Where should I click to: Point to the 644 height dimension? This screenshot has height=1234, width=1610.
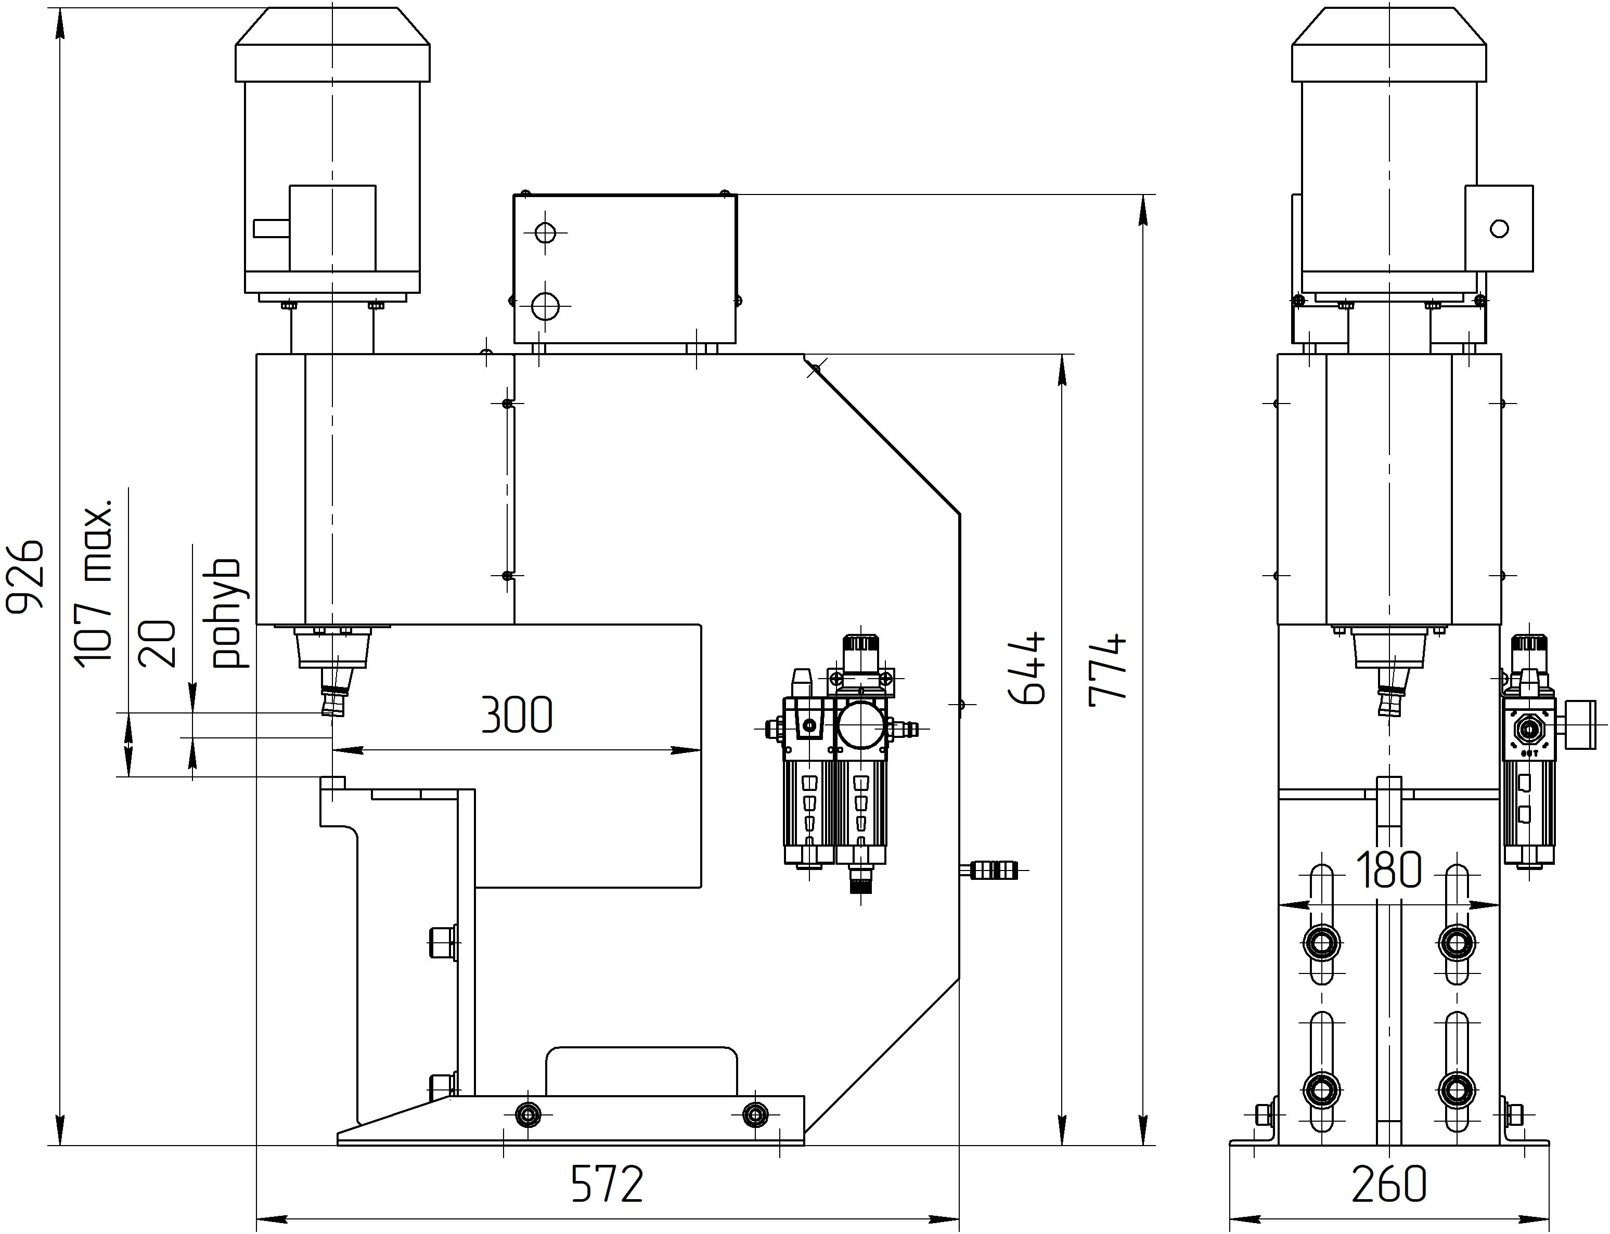pos(1026,668)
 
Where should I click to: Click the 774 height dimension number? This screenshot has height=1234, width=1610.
pos(1107,670)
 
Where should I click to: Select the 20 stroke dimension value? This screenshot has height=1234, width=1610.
pos(157,643)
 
